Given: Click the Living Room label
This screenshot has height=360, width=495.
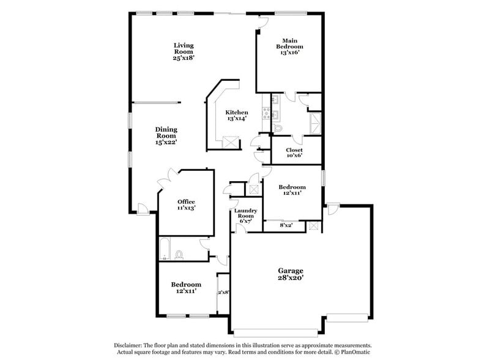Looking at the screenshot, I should tap(184, 51).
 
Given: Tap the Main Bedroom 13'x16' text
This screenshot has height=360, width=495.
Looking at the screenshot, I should tap(289, 47).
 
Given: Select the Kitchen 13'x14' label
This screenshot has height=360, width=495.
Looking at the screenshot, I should tap(236, 115).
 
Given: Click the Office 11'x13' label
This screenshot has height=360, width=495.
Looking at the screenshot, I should tap(186, 205).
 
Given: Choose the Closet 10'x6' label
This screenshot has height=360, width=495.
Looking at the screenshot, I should tap(294, 153).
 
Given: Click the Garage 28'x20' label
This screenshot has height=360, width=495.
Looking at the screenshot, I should tap(291, 274).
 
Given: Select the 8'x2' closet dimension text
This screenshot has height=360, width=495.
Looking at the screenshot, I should tap(286, 225).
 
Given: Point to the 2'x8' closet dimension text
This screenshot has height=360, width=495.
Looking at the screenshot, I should tap(223, 292).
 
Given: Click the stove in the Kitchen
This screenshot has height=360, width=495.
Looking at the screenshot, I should tap(265, 112).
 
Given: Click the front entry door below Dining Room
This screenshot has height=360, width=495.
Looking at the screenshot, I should tap(141, 209).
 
